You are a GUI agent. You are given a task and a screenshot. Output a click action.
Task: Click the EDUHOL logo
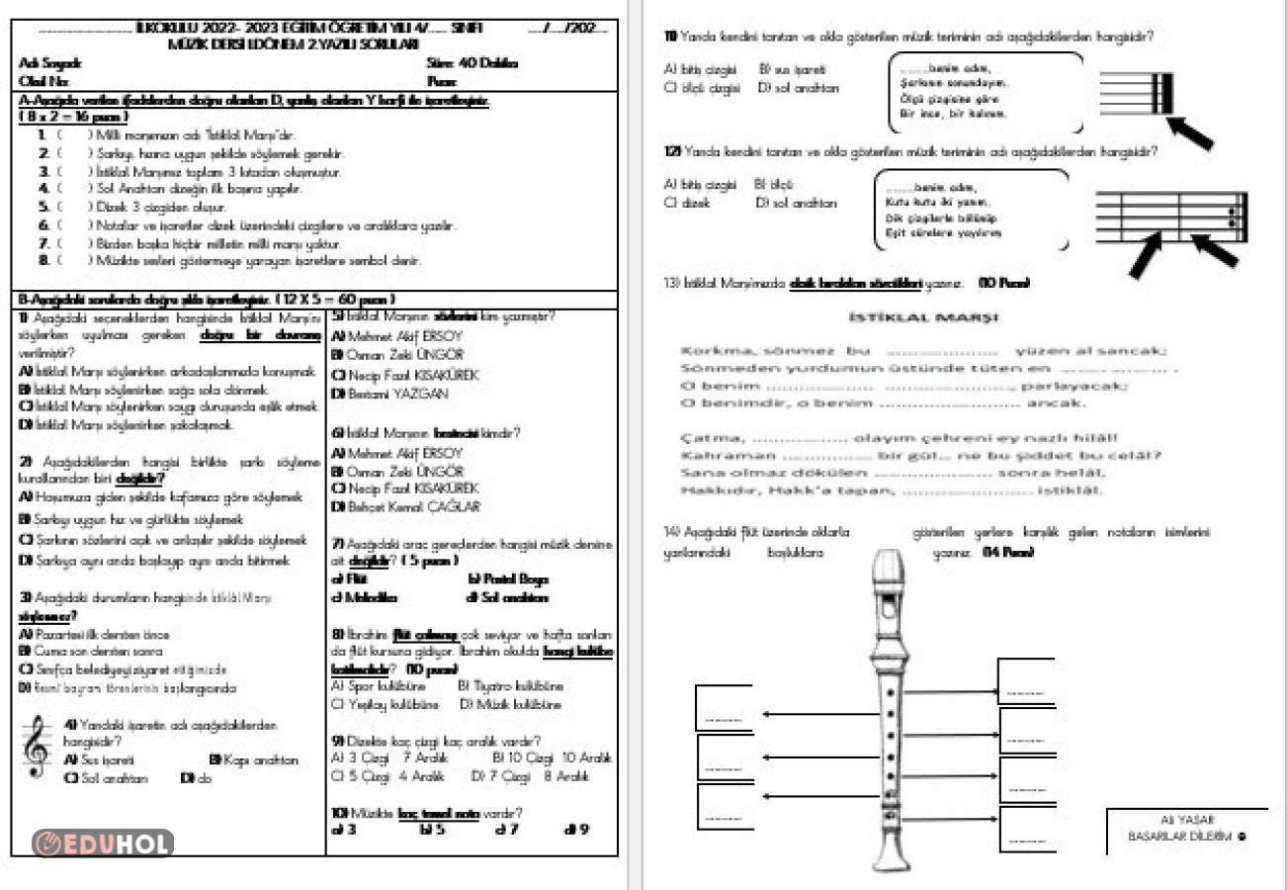coord(103,843)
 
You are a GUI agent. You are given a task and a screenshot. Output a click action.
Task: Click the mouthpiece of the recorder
coord(887,569)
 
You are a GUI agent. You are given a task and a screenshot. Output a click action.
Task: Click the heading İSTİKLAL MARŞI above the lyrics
coord(922,317)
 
